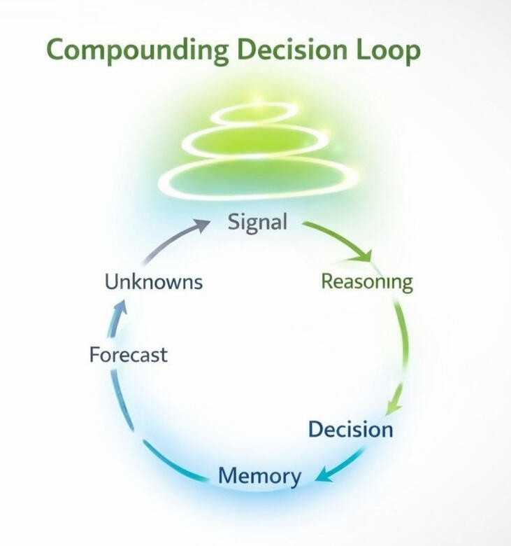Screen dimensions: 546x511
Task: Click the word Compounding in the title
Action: [x=137, y=51]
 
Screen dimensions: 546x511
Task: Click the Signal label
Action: [x=257, y=222]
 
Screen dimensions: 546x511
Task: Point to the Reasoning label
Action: [x=366, y=281]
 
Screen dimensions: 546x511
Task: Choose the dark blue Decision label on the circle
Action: [x=350, y=429]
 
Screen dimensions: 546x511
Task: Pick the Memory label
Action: [x=259, y=476]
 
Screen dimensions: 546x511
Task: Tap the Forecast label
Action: [x=128, y=355]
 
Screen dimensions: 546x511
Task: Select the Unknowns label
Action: [x=153, y=282]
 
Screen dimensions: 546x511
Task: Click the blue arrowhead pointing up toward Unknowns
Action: [x=120, y=308]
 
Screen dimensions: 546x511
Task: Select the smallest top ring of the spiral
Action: [x=252, y=113]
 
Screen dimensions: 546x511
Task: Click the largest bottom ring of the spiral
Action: [x=259, y=178]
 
